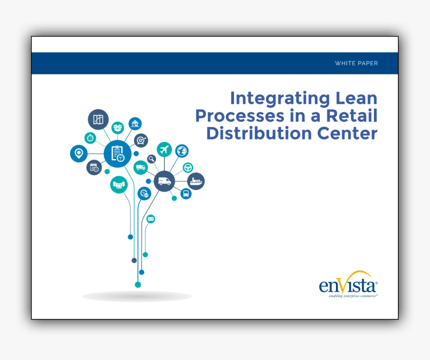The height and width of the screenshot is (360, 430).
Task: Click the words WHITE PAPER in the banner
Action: coord(356,63)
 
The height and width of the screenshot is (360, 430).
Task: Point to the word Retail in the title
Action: coord(352,115)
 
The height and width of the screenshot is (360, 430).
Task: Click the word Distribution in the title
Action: coord(259,133)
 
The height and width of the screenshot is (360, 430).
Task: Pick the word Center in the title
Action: coord(347,133)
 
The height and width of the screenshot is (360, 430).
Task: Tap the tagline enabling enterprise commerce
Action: coord(353,296)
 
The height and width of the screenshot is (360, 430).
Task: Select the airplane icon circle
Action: coord(164,149)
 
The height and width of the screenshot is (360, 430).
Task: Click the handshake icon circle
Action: coord(118,185)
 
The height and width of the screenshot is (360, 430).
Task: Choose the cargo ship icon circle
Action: coord(196,181)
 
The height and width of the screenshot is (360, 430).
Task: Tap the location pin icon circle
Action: coord(78,153)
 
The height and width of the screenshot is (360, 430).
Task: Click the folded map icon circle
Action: coord(98,119)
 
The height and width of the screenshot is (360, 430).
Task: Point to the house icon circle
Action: coord(135,123)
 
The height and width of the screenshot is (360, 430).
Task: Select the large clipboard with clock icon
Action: coord(117,153)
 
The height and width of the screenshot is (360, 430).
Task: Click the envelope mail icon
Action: coord(150,219)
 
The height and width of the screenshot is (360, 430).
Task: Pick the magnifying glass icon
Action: coord(151,159)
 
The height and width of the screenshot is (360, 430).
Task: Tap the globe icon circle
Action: coord(182,151)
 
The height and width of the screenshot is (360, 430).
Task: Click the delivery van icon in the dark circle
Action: coord(164,181)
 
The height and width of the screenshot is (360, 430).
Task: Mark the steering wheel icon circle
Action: coord(188,167)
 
